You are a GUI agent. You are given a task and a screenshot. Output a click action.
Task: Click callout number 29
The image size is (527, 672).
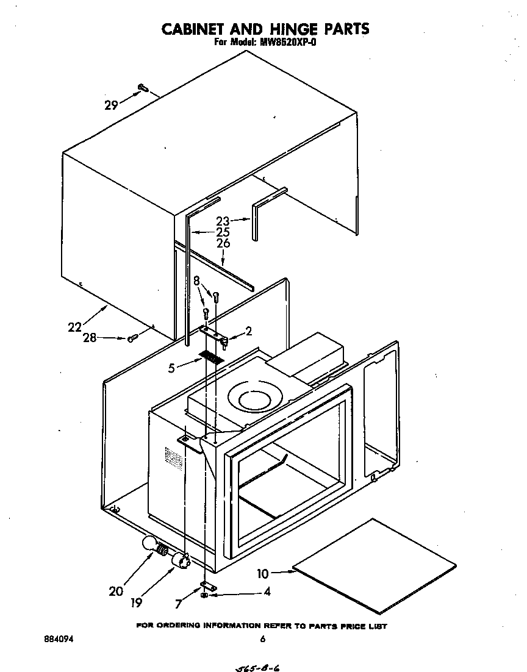coord(111,105)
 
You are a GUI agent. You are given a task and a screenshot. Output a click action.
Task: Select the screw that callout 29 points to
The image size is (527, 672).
coord(143,88)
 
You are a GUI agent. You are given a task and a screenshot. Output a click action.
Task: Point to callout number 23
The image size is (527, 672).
coord(223,222)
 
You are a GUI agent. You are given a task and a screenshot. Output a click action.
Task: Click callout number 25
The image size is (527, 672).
coord(223,232)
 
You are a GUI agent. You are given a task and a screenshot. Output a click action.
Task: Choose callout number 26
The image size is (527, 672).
coord(223,243)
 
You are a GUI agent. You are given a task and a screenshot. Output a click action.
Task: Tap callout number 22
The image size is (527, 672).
coord(74,327)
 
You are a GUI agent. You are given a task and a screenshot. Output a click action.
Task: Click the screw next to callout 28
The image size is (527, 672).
coord(131,338)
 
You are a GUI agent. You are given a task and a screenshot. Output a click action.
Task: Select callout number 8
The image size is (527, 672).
coord(196,281)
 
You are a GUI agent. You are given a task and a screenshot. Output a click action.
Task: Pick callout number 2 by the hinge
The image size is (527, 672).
coord(248,332)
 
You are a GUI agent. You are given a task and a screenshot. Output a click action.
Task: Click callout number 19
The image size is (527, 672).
coord(136,602)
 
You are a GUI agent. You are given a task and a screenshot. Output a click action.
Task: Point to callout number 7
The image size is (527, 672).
coord(178,604)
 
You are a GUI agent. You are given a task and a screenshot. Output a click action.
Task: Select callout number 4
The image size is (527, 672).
coord(267,592)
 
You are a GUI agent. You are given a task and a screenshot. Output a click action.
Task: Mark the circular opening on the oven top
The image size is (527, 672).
coord(255,400)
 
